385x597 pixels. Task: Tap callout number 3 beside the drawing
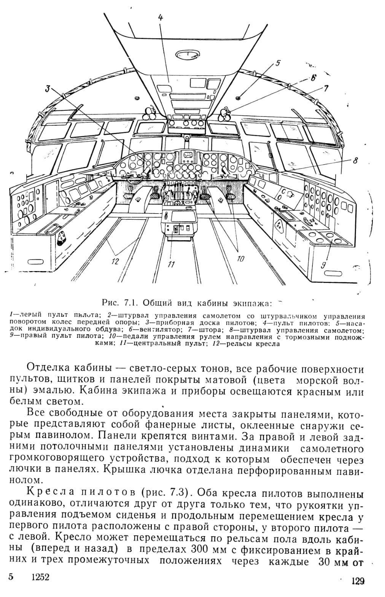(48, 88)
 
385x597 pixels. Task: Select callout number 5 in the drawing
(277, 63)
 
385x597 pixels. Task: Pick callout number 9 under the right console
(323, 265)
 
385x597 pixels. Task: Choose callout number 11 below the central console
(171, 264)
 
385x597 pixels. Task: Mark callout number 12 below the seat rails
(115, 262)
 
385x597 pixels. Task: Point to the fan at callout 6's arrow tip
(225, 114)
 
